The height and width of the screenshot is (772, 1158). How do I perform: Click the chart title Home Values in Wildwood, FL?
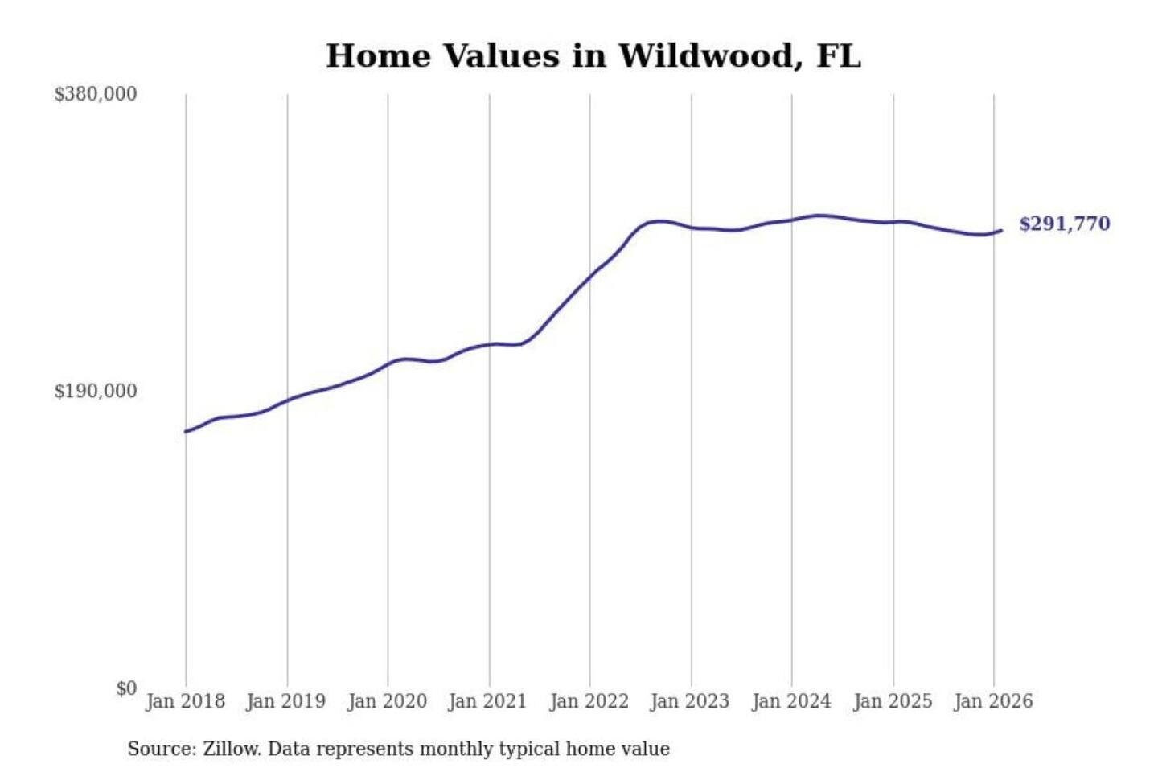(x=593, y=56)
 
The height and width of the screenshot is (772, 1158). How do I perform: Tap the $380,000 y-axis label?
(x=95, y=94)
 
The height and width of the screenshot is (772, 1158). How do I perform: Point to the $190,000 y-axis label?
(x=95, y=392)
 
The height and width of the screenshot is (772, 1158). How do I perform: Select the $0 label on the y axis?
(x=125, y=688)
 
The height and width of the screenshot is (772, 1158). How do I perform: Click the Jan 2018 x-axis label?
(x=185, y=701)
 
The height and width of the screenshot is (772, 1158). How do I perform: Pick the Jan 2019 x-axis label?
(x=285, y=701)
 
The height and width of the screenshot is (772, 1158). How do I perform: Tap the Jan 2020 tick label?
(x=387, y=701)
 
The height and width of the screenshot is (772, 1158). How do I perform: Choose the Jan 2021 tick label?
(x=487, y=701)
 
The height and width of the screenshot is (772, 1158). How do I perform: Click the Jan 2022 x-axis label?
(x=589, y=701)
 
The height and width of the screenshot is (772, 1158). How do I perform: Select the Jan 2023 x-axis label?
(x=689, y=701)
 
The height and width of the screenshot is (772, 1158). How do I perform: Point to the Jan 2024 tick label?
(x=790, y=701)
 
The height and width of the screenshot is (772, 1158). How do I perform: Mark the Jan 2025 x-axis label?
(x=892, y=701)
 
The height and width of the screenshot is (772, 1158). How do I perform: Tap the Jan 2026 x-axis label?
(x=992, y=701)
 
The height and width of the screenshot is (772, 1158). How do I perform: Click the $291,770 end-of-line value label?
(x=1064, y=224)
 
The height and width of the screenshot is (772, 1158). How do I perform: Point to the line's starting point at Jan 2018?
(x=186, y=432)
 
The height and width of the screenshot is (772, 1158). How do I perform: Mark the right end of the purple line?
(x=1001, y=231)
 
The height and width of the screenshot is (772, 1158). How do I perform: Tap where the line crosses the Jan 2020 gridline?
(x=388, y=364)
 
